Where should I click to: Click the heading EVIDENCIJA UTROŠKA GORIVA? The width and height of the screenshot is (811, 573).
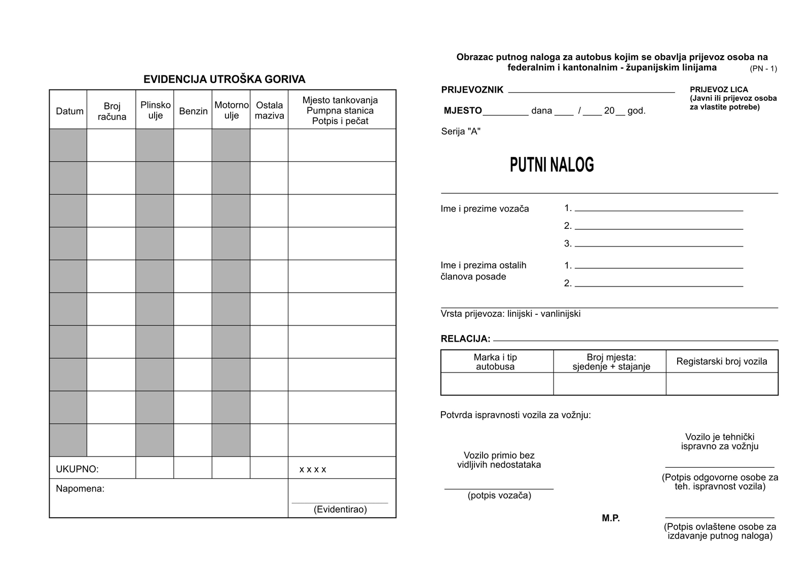224,79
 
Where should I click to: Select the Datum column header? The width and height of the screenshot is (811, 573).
69,111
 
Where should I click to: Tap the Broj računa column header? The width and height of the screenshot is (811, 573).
112,111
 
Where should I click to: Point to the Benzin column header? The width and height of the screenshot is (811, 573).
193,111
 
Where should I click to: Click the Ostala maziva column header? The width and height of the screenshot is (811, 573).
269,110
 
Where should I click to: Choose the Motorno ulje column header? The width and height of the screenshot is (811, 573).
231,110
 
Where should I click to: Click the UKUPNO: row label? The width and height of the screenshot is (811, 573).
77,469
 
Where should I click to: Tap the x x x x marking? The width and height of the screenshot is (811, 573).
313,469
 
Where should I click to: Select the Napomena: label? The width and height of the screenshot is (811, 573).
80,488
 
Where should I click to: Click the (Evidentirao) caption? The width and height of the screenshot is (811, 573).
340,509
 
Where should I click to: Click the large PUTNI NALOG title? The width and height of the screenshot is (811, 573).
551,165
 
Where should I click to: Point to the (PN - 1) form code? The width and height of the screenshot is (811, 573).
763,69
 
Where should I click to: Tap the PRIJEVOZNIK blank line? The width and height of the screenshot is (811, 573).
591,92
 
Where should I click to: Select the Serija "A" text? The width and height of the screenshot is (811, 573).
461,132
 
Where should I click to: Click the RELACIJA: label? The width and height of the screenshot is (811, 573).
465,339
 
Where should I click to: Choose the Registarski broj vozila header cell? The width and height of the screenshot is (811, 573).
721,361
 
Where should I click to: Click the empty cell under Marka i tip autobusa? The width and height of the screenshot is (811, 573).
497,384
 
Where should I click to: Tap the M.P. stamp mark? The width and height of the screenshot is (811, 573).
611,518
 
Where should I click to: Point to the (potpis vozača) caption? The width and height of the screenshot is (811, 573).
499,496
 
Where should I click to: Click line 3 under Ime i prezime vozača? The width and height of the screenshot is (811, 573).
658,245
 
